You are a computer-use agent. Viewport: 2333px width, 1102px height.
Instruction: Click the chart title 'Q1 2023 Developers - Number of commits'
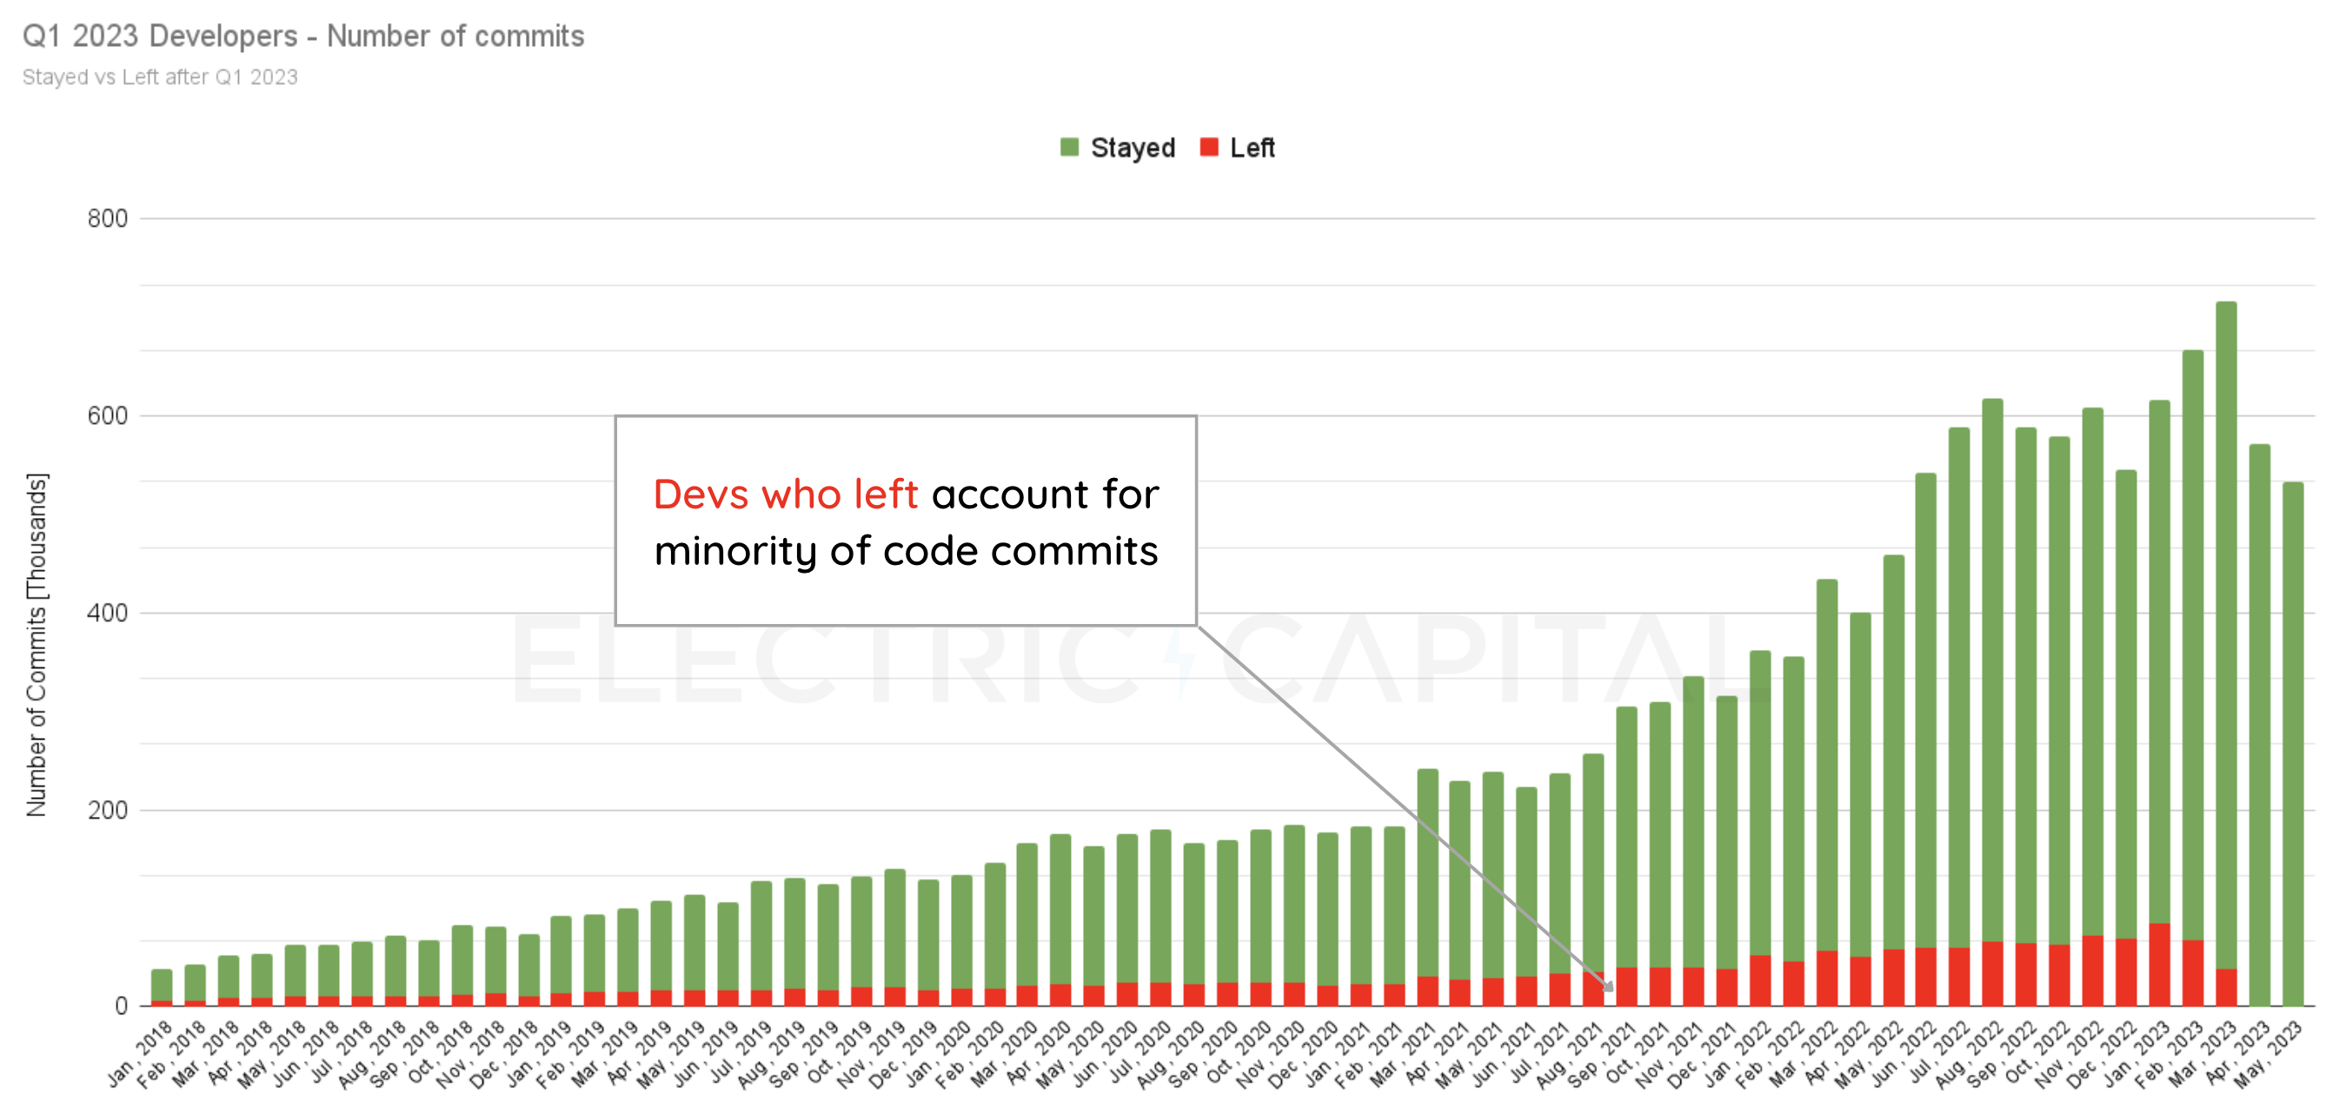click(x=302, y=37)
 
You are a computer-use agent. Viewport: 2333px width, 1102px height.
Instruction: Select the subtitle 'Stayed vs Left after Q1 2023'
click(x=159, y=77)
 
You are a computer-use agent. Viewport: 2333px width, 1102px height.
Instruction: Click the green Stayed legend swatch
click(x=1068, y=148)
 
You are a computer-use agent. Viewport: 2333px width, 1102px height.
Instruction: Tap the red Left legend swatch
click(x=1208, y=148)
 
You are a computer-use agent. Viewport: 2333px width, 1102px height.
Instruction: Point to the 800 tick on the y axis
click(x=107, y=218)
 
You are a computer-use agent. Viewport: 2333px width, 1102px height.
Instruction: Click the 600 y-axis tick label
click(x=107, y=415)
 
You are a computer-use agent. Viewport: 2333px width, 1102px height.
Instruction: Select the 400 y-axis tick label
click(x=107, y=613)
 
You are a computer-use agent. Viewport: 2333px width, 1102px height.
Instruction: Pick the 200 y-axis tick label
click(x=107, y=809)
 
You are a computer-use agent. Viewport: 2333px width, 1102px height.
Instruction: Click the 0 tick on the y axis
click(x=121, y=1006)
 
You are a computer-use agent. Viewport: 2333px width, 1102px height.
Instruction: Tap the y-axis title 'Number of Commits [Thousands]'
click(x=37, y=644)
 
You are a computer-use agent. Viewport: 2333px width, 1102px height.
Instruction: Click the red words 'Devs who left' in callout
click(x=785, y=495)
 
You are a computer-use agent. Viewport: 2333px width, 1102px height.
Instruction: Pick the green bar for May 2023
click(x=2292, y=742)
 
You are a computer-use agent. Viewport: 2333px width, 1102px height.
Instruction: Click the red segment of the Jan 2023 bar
click(x=2159, y=966)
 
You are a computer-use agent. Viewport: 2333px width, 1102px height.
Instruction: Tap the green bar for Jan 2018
click(x=161, y=986)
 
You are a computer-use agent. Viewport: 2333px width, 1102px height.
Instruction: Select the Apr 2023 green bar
click(x=2259, y=725)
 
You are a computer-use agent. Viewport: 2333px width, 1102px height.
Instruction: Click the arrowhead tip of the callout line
click(x=1612, y=991)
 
